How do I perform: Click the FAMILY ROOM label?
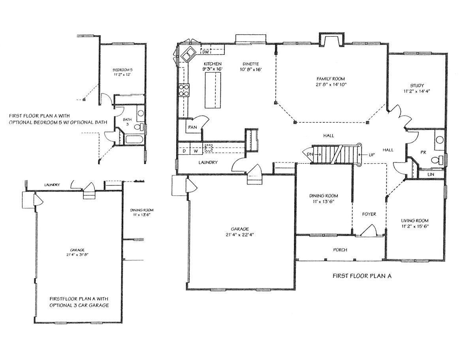coord(330,79)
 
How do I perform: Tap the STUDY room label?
coord(417,85)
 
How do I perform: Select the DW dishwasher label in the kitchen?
coord(205,52)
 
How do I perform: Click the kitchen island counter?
coord(213,90)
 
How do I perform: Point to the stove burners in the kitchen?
coord(184,90)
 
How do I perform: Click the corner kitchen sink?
coord(188,54)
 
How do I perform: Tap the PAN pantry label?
coord(192,127)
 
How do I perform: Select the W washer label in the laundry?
coord(196,151)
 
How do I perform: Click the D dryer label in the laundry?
coord(184,151)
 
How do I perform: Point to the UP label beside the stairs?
coord(371,155)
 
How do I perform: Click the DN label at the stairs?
coord(310,154)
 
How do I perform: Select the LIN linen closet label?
coord(431,174)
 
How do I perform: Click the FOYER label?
coord(369,214)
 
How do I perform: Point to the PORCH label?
coord(340,250)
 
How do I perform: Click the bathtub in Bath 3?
coord(134,139)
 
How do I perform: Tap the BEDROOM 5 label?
coord(122,70)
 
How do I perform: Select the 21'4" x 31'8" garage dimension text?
coord(77,255)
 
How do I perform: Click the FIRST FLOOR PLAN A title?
coord(362,276)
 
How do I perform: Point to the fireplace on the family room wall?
coord(331,40)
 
